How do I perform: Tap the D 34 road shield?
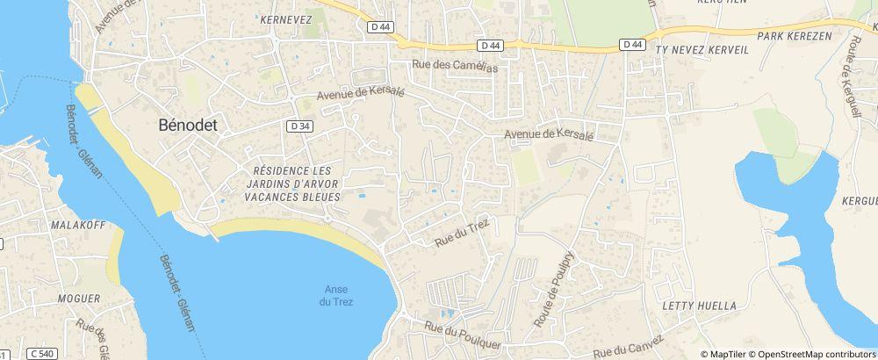[299, 126]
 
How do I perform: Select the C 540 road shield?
[40, 353]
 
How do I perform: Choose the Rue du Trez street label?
[461, 233]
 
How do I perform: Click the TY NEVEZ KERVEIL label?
[702, 51]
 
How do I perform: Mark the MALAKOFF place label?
[77, 225]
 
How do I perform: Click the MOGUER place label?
[78, 299]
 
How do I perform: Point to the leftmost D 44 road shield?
[380, 27]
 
